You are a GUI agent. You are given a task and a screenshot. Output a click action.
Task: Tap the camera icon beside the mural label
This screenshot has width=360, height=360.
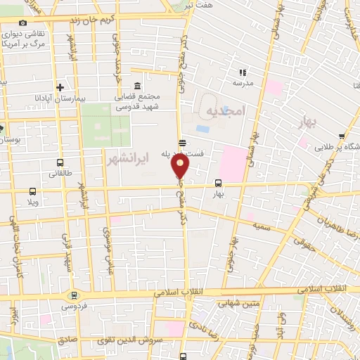23,23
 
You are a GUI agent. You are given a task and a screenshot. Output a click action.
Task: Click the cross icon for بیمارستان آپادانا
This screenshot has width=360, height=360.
61,88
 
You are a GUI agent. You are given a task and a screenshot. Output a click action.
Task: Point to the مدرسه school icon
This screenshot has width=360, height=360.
243,72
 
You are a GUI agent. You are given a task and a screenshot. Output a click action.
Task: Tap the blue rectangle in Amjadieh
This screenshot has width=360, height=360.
202,129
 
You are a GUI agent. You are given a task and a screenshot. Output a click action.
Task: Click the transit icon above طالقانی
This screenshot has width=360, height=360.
53,160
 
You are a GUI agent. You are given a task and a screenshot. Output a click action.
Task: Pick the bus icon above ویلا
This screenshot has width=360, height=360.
32,191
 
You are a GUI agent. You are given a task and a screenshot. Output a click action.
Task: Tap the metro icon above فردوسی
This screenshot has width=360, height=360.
73,295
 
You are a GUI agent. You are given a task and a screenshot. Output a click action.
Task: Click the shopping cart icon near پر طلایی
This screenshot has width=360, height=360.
342,136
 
